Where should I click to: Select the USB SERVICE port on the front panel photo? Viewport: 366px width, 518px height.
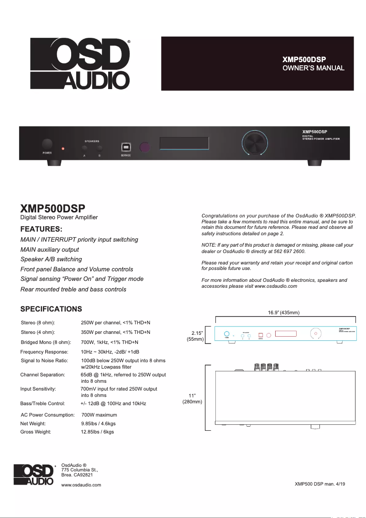[x=126, y=147]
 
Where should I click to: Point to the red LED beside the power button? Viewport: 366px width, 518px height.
[x=63, y=148]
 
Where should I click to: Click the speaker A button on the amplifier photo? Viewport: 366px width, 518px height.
[x=84, y=148]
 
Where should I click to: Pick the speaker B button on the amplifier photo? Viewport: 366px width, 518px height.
[x=99, y=148]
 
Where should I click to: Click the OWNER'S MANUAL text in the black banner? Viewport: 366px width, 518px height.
[x=313, y=68]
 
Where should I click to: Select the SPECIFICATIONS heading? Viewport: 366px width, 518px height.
[x=51, y=309]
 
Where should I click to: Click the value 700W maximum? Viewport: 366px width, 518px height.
[x=99, y=415]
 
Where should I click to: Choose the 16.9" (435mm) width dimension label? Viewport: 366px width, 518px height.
[x=283, y=312]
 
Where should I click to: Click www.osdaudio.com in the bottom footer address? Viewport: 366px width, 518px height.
[x=81, y=485]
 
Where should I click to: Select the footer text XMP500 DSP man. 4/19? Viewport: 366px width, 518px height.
[x=319, y=484]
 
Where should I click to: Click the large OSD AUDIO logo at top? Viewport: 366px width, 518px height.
[x=80, y=63]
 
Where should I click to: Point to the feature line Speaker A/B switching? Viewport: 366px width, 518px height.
[x=51, y=259]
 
